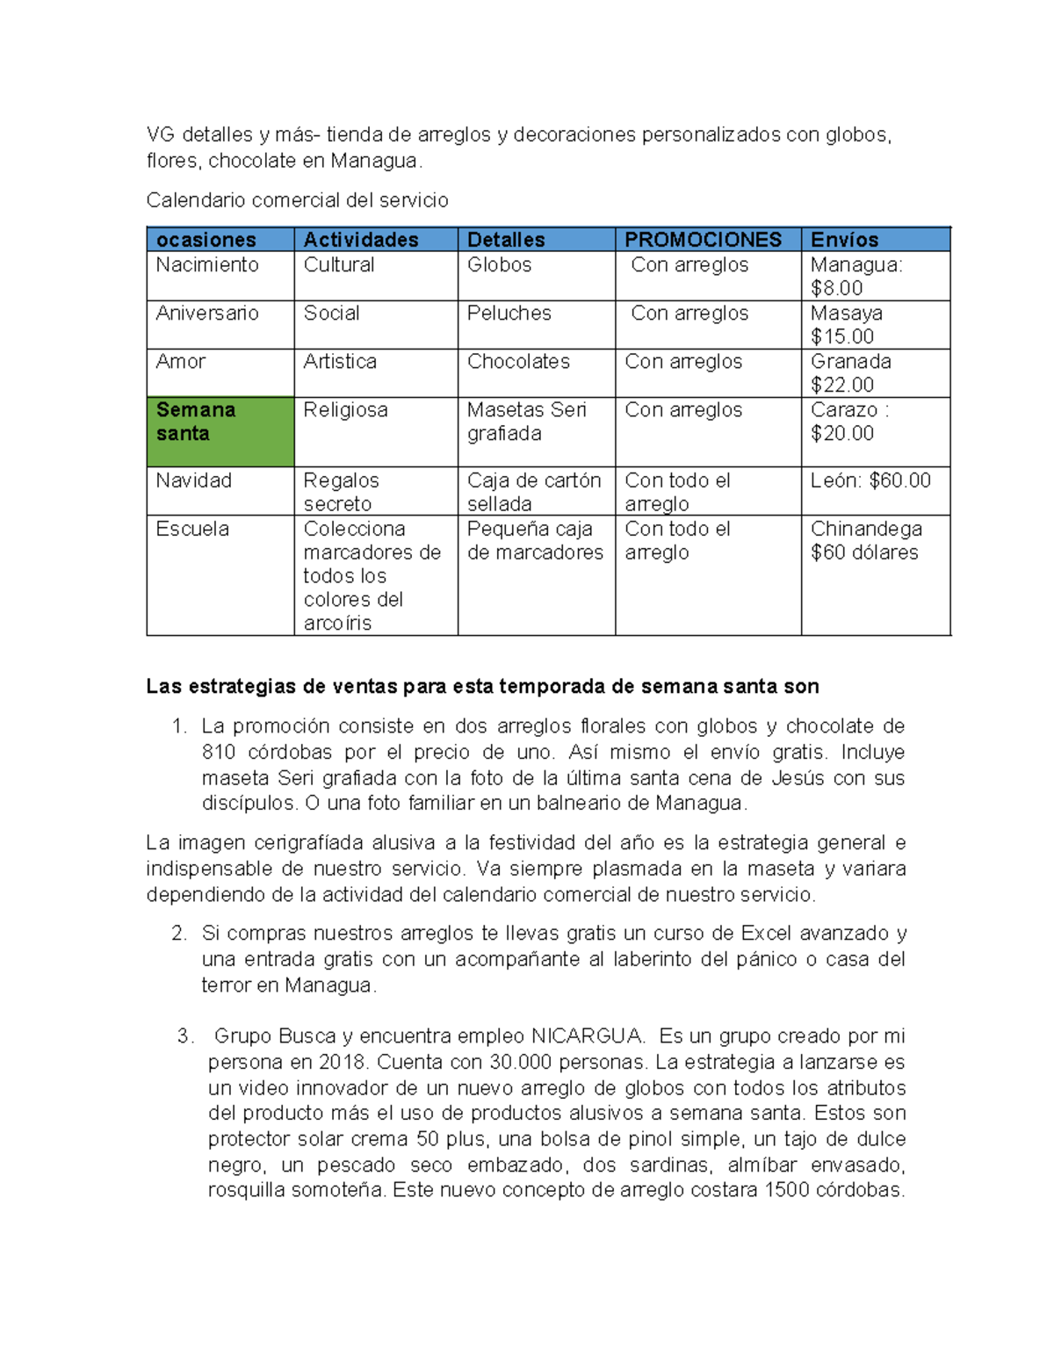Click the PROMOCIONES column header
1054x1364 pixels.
click(x=703, y=240)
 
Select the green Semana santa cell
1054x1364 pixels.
click(x=220, y=431)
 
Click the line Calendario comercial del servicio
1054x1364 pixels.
click(x=297, y=200)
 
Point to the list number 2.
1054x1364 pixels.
click(x=179, y=933)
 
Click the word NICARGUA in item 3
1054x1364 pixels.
click(x=588, y=1036)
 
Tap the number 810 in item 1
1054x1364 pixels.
click(x=219, y=752)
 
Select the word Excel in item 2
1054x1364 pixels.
click(x=767, y=933)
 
